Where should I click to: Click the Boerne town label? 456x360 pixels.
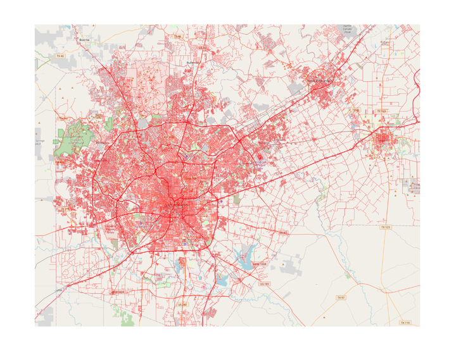(84, 39)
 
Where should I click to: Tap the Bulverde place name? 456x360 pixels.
(193, 63)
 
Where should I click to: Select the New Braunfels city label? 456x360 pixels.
(319, 81)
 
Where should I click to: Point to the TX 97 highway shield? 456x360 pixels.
(340, 297)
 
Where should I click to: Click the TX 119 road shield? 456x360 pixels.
(405, 323)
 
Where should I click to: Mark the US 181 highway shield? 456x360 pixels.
(265, 285)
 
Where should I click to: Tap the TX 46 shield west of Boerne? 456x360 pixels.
(60, 56)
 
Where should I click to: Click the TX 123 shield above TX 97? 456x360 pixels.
(385, 227)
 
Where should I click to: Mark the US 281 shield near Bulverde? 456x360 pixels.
(203, 47)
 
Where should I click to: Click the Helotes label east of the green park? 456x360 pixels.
(61, 161)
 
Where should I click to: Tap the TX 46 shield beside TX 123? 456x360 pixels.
(357, 111)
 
